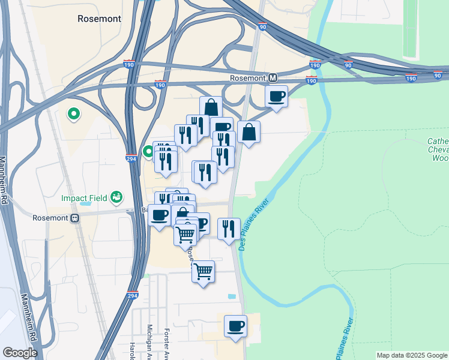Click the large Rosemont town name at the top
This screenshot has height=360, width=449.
(x=99, y=19)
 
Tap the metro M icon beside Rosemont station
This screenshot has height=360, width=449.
(x=273, y=78)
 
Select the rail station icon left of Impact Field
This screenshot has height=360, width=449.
(x=76, y=218)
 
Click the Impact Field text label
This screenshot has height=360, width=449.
(x=84, y=198)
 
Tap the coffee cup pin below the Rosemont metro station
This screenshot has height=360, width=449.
(x=276, y=96)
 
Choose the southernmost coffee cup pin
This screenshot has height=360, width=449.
(x=235, y=326)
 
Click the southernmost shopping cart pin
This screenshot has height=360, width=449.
(x=203, y=271)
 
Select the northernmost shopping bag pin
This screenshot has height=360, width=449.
(x=211, y=107)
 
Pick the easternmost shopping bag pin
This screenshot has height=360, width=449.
(x=249, y=132)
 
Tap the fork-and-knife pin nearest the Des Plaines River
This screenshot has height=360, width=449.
(x=229, y=229)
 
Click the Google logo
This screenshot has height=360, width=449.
(x=19, y=353)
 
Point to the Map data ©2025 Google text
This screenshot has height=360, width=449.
(x=411, y=355)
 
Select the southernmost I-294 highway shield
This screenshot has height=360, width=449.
(x=133, y=296)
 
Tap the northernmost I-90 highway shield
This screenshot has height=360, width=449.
(x=262, y=27)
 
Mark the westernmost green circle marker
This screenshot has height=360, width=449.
(x=74, y=113)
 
